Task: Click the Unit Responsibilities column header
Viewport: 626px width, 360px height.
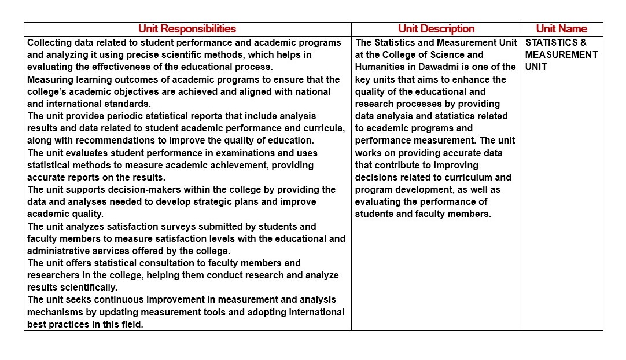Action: coord(187,29)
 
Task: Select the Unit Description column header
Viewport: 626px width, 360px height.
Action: coord(436,29)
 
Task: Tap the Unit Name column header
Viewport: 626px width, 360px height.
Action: coord(561,29)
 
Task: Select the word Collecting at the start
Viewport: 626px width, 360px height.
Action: coord(49,43)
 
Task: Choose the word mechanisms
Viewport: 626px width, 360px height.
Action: coord(56,313)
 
